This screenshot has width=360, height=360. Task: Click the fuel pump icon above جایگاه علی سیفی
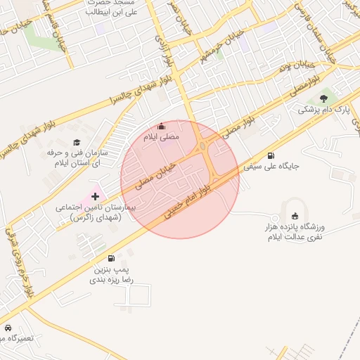point(271,156)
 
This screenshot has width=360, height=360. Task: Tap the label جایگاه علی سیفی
point(271,167)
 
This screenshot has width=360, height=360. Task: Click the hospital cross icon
point(96,195)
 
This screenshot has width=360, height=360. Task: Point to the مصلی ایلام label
point(162,136)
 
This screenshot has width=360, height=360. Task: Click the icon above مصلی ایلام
point(162,127)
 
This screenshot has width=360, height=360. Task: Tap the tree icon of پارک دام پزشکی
point(323,98)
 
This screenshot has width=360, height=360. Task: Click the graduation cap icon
point(76,143)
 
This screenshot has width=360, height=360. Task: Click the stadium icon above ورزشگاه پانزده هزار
point(295,216)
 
